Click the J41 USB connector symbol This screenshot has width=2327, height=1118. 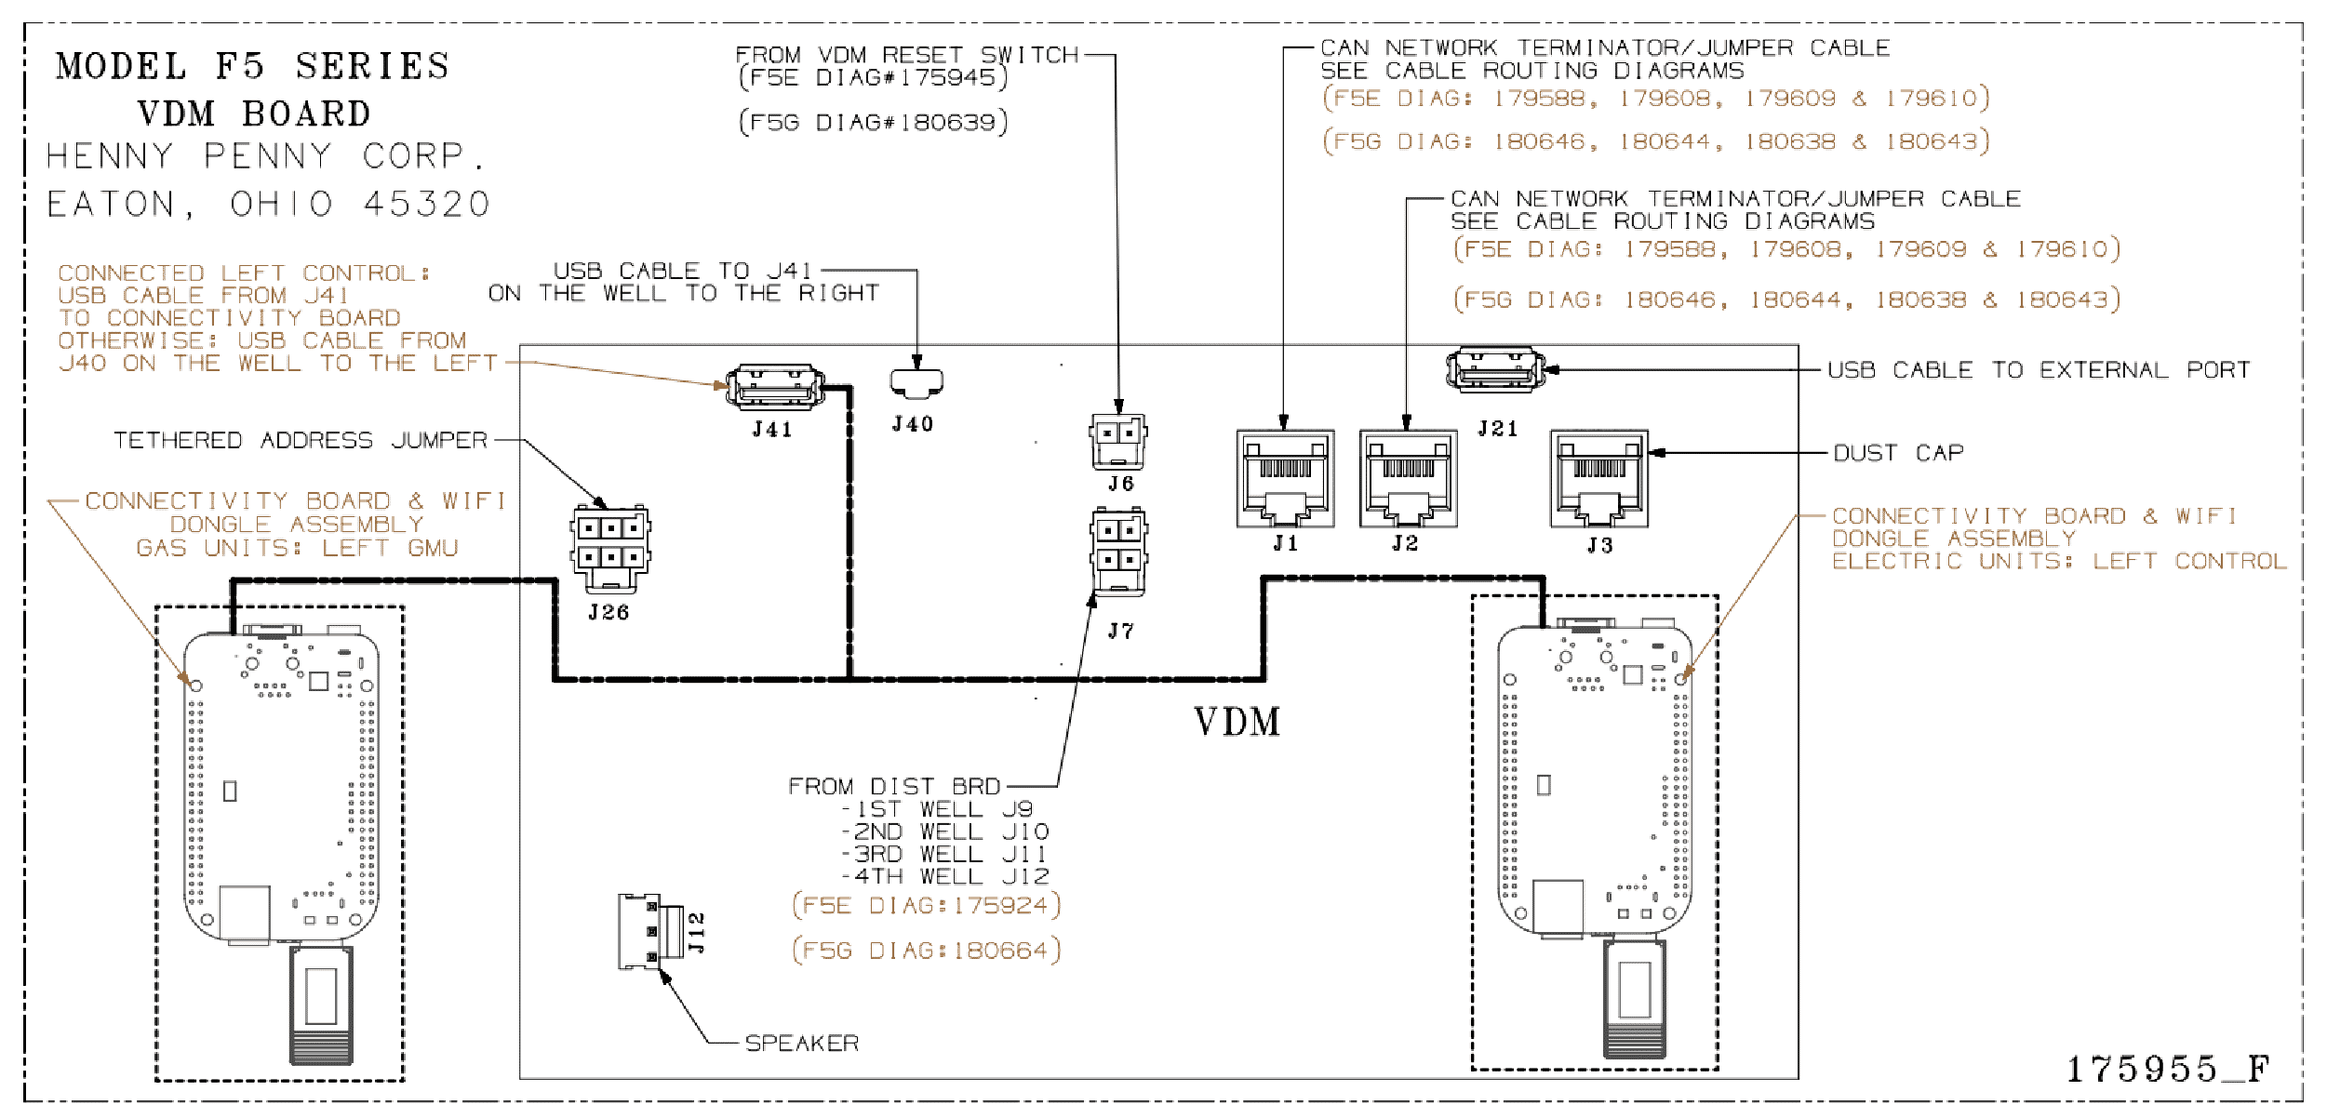coord(775,387)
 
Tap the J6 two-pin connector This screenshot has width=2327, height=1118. coord(1118,441)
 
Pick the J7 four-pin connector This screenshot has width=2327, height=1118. coord(1118,552)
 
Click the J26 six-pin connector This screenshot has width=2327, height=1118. coord(610,549)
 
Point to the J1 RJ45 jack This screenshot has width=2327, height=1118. coord(1285,478)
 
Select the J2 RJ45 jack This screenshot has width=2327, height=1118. coord(1408,478)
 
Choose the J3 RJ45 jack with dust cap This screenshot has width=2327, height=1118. coord(1598,478)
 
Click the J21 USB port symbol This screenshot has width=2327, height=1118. coord(1495,369)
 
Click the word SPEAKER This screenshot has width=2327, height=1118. coord(802,1044)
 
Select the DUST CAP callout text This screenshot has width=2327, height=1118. coord(1898,453)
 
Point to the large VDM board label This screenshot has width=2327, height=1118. coord(1237,722)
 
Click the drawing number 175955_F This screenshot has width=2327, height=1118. coord(2168,1070)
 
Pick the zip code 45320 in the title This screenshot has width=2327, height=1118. coord(426,204)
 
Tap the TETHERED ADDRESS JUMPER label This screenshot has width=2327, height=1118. coord(301,440)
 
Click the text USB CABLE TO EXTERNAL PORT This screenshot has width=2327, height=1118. coord(2039,370)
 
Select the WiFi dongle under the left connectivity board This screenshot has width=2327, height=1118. coord(321,1005)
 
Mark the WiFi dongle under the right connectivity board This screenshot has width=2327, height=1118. coord(1635,999)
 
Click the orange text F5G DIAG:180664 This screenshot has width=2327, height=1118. coord(927,951)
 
